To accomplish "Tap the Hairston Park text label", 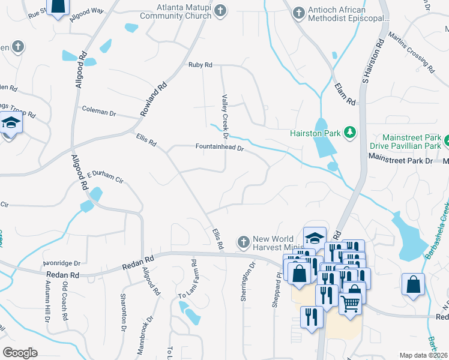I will click(x=315, y=133).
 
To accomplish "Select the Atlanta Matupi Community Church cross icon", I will click(x=220, y=10).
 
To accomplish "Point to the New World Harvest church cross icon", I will click(x=243, y=242).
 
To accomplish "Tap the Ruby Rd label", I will click(x=200, y=65).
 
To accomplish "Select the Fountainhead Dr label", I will click(x=220, y=147).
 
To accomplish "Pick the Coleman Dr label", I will click(x=99, y=112).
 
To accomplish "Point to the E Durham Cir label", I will click(x=104, y=177).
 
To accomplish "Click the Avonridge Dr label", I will click(x=61, y=263).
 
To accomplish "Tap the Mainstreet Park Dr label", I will click(x=400, y=161).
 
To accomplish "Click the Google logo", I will click(x=20, y=353).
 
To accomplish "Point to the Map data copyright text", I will click(x=424, y=355).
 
